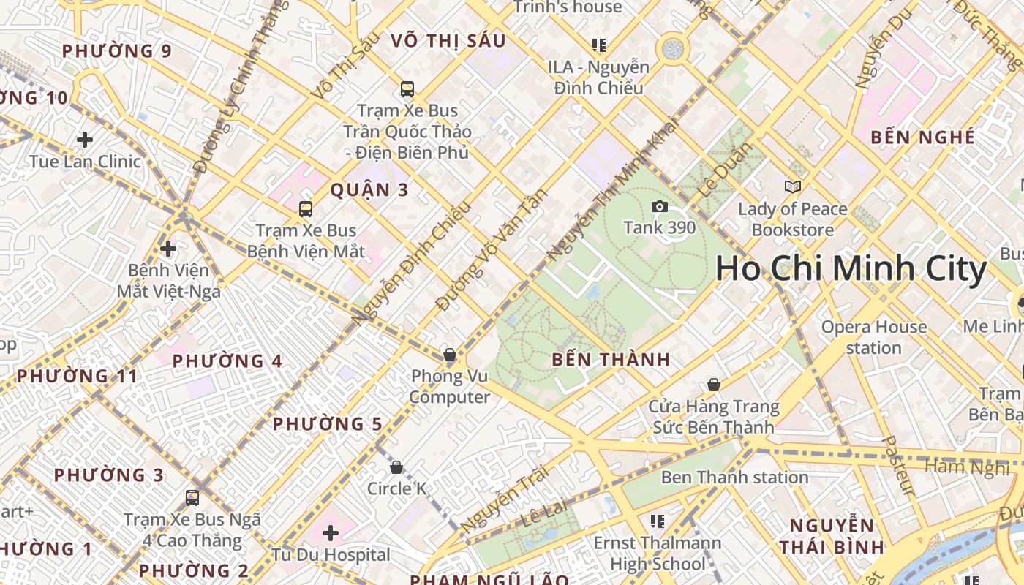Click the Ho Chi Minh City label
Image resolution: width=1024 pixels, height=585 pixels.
pyautogui.click(x=851, y=269)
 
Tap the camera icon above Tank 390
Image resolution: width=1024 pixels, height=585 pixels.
pyautogui.click(x=660, y=207)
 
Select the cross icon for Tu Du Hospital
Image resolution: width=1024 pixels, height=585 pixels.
pyautogui.click(x=331, y=533)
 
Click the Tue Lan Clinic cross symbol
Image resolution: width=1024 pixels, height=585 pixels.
pyautogui.click(x=85, y=139)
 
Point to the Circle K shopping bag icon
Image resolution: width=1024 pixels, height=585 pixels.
pyautogui.click(x=396, y=467)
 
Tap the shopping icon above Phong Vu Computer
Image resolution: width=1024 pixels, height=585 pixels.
pyautogui.click(x=450, y=356)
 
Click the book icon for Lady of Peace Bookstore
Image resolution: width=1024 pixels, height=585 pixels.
pyautogui.click(x=793, y=187)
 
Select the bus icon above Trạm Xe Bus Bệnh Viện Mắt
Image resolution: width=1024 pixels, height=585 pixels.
pyautogui.click(x=306, y=209)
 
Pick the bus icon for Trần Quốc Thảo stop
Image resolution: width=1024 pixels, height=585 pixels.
pyautogui.click(x=407, y=89)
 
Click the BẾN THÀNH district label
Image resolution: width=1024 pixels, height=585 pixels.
pyautogui.click(x=611, y=359)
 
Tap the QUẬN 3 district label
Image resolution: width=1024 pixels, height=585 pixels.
pyautogui.click(x=369, y=190)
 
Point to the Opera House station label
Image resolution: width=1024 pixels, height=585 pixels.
pyautogui.click(x=873, y=337)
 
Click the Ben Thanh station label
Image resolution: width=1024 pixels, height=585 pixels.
pyautogui.click(x=734, y=478)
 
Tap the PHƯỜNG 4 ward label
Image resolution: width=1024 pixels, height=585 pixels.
pyautogui.click(x=227, y=361)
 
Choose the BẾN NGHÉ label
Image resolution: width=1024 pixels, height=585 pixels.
pyautogui.click(x=922, y=137)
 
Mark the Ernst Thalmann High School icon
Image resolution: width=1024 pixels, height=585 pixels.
pyautogui.click(x=658, y=521)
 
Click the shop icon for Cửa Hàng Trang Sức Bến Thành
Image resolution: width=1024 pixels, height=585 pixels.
pyautogui.click(x=714, y=385)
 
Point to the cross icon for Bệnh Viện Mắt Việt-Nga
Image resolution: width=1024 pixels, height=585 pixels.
pyautogui.click(x=168, y=249)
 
